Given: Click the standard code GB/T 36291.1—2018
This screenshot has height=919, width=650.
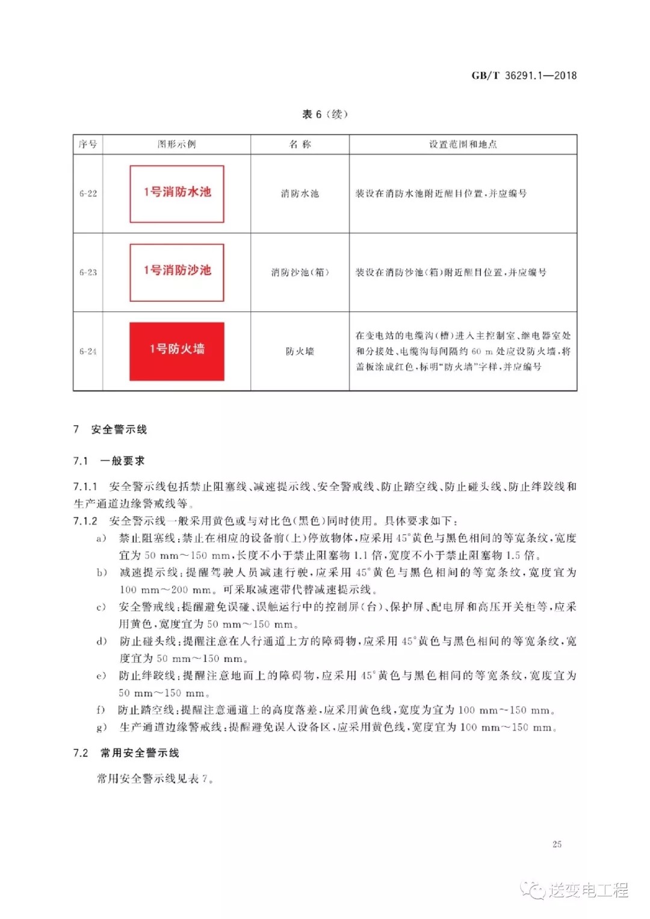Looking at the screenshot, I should pyautogui.click(x=524, y=75).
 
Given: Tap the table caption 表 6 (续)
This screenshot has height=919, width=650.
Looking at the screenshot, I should pyautogui.click(x=324, y=114).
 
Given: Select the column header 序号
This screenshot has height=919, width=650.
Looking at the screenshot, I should pyautogui.click(x=88, y=144).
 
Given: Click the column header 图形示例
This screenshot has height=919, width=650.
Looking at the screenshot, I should pyautogui.click(x=176, y=144).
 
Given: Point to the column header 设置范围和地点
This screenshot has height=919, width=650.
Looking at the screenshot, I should pyautogui.click(x=463, y=144).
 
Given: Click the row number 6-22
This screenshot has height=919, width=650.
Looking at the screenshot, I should pyautogui.click(x=88, y=193).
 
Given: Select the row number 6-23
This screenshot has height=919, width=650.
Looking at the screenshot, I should pyautogui.click(x=88, y=272).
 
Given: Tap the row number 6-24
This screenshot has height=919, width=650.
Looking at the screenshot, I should pyautogui.click(x=88, y=351).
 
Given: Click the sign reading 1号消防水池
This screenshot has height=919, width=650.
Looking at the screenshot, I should pyautogui.click(x=177, y=193).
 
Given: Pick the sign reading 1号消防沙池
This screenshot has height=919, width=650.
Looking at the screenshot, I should pyautogui.click(x=177, y=272).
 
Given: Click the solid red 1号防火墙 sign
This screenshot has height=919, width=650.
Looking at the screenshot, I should pyautogui.click(x=177, y=350).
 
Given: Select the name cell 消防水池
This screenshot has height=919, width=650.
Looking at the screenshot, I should pyautogui.click(x=300, y=193).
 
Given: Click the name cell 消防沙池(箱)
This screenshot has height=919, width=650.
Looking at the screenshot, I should pyautogui.click(x=300, y=272).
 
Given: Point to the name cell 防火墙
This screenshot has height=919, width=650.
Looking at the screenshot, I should pyautogui.click(x=300, y=351).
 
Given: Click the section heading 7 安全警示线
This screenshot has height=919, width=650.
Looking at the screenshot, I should pyautogui.click(x=110, y=429).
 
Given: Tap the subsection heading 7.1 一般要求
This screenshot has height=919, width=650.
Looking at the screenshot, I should pyautogui.click(x=109, y=461).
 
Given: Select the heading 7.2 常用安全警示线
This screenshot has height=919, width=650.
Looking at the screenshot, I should pyautogui.click(x=126, y=753).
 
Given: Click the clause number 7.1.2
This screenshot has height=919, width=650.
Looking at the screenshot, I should pyautogui.click(x=85, y=521).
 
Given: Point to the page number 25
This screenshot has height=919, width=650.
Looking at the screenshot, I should pyautogui.click(x=557, y=844).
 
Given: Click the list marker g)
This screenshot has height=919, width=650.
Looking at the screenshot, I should pyautogui.click(x=102, y=727).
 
